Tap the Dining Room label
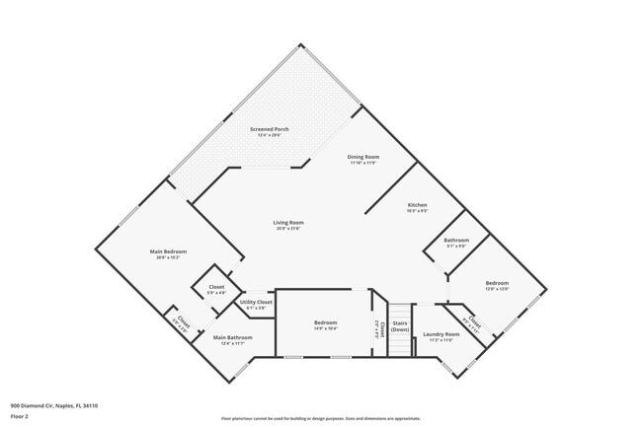pos(363,157)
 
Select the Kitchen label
pos(417,204)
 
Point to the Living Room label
pos(288,223)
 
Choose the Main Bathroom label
pos(233,337)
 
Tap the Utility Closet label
pos(256,302)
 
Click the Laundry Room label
pos(441,334)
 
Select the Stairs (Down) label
pos(400,325)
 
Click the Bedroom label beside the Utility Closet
pos(326,323)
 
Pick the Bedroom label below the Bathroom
pos(496,283)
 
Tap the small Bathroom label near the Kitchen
pos(456,241)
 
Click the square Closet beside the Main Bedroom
pos(216,289)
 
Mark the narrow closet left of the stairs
pos(376,329)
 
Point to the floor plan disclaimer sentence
pos(321,417)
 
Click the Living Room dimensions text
pos(288,229)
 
